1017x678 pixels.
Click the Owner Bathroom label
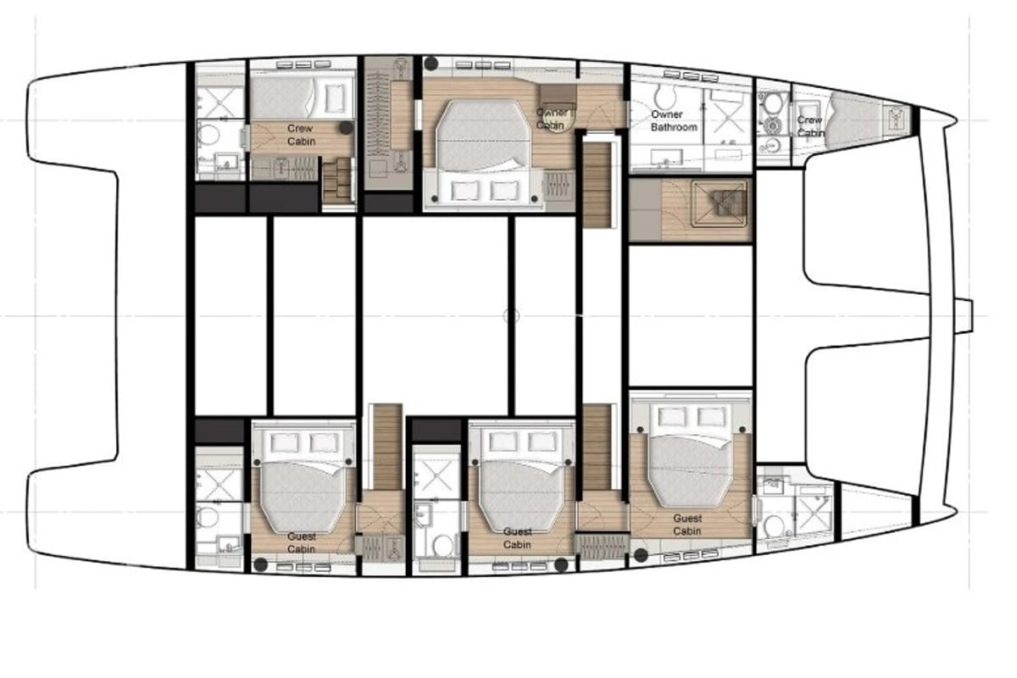pos(674,121)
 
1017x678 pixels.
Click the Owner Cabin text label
pos(551,119)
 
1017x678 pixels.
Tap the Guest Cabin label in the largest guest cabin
pos(687,525)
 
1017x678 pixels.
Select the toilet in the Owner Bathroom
pos(665,97)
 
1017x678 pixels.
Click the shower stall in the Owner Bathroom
pos(729,117)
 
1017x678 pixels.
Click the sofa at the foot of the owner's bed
pos(484,189)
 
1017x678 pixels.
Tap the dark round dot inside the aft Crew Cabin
pos(347,128)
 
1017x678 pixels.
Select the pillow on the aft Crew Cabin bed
pos(335,98)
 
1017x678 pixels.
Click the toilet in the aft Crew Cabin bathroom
pos(208,135)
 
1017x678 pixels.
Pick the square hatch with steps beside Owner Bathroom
pos(720,204)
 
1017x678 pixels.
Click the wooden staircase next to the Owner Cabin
pos(597,185)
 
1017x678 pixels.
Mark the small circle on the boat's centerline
pos(511,315)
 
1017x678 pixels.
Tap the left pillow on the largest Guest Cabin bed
pos(672,416)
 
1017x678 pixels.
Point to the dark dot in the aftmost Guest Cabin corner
pos(261,565)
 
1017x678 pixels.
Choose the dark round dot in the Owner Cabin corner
pos(431,64)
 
